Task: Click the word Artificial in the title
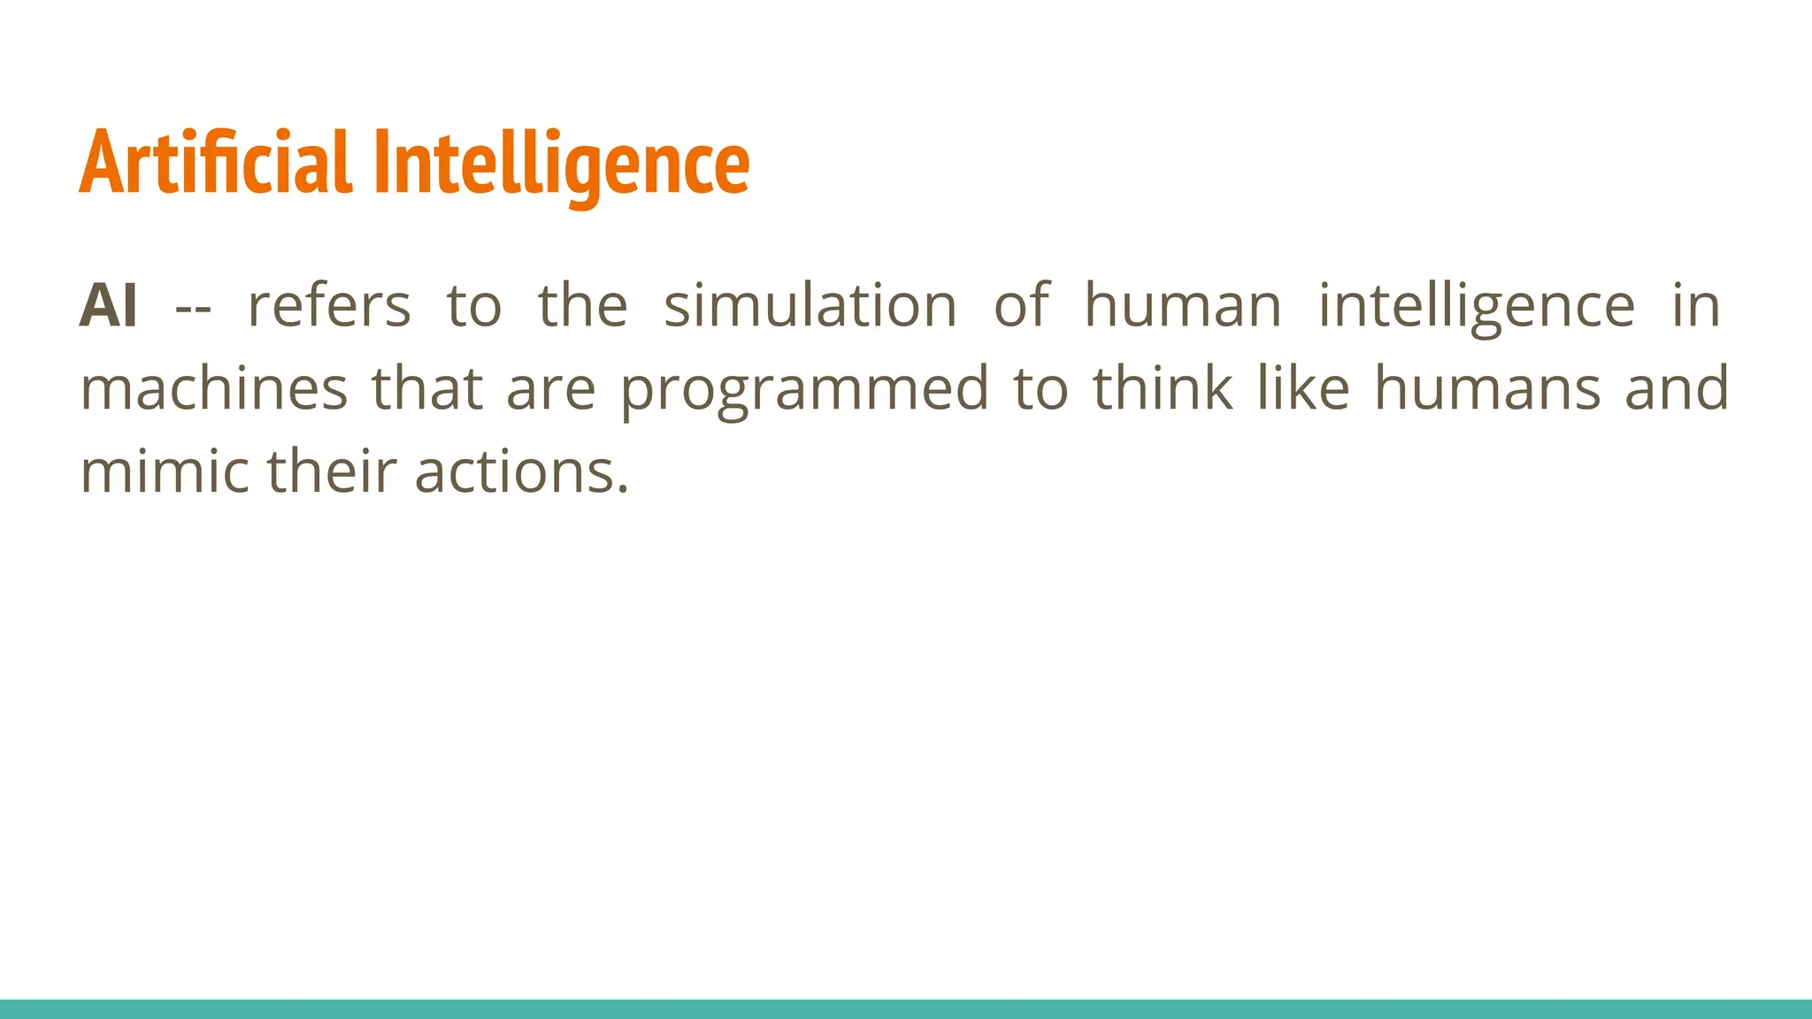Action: tap(216, 163)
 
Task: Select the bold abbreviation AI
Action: tap(108, 306)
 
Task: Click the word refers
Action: tap(329, 306)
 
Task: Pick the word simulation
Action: tap(810, 306)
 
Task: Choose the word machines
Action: tap(214, 389)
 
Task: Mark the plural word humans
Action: tap(1487, 389)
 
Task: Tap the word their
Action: tap(331, 471)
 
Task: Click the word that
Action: tap(427, 389)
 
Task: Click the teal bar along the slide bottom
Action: tap(906, 1009)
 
